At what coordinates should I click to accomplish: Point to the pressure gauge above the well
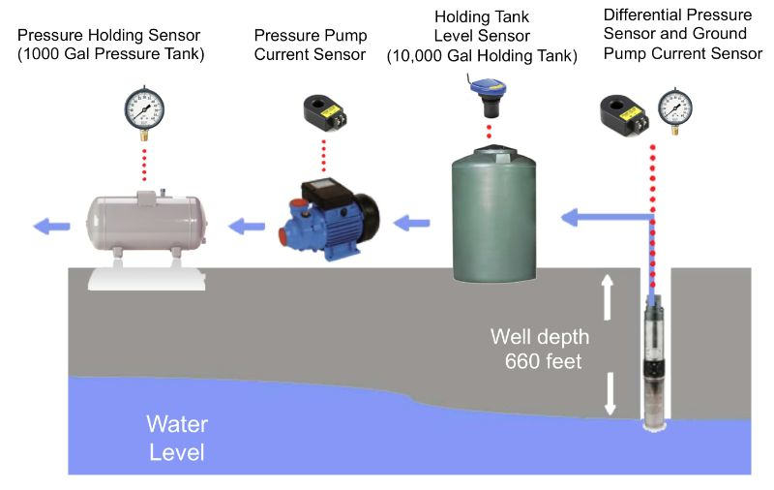(675, 108)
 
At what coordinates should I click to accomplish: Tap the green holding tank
(493, 213)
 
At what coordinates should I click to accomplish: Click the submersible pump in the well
(656, 363)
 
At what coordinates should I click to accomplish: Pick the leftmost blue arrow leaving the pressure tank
(48, 228)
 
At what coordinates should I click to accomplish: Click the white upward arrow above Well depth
(609, 294)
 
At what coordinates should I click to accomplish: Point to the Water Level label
(176, 438)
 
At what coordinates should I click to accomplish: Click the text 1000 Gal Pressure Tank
(112, 54)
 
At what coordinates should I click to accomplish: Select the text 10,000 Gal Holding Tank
(482, 57)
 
